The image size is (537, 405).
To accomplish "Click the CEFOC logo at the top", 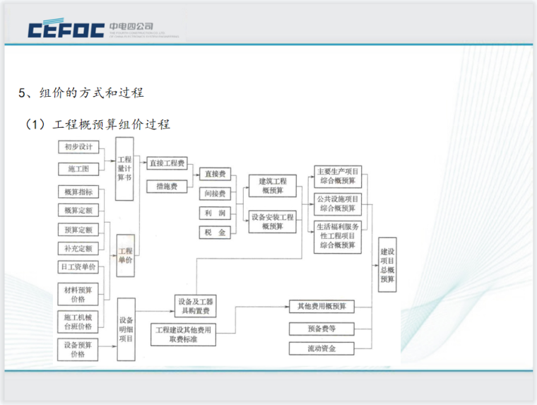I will click(65, 30).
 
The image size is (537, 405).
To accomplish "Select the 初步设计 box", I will click(78, 147).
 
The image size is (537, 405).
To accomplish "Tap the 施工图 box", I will click(78, 169).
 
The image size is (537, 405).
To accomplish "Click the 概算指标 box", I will click(78, 192).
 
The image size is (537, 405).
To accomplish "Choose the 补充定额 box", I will click(78, 248).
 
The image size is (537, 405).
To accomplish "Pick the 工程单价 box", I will click(125, 256).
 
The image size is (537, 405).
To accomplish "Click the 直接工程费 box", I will click(167, 163).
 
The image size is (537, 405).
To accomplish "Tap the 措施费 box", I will click(167, 186).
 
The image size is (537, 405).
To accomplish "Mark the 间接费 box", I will click(215, 193).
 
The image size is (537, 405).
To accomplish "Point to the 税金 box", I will click(215, 232).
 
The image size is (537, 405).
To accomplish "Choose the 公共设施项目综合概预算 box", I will click(338, 204).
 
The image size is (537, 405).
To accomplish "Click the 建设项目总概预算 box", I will click(387, 265).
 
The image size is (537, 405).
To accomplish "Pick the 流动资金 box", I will click(321, 348).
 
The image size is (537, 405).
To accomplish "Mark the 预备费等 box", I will click(321, 329).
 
